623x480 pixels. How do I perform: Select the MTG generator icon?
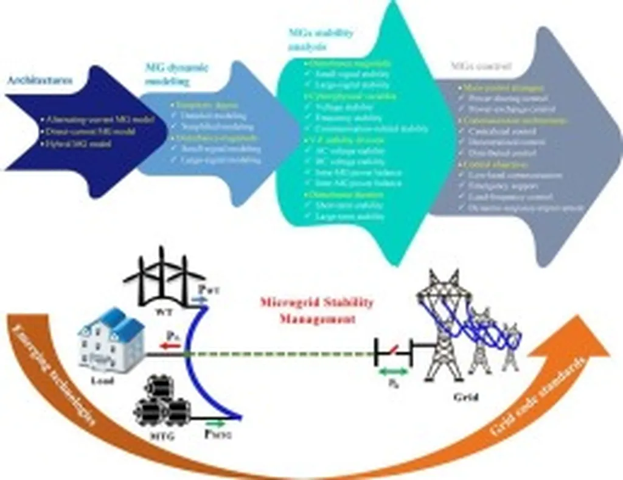(x=159, y=403)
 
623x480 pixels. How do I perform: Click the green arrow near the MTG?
(x=217, y=422)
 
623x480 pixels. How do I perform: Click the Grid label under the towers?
(x=465, y=398)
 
